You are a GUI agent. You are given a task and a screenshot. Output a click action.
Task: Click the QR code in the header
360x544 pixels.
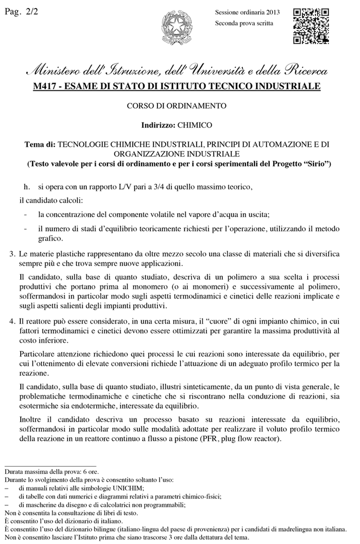pyautogui.click(x=311, y=26)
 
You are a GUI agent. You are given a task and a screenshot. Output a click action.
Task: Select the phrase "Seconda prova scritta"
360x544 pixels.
pyautogui.click(x=244, y=23)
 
